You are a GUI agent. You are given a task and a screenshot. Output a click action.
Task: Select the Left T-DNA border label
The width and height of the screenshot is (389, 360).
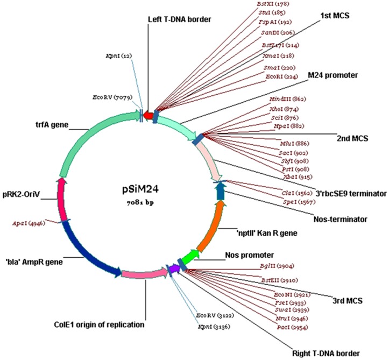179,19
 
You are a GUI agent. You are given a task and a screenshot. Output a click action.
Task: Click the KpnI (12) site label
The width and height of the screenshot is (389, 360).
116,55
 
